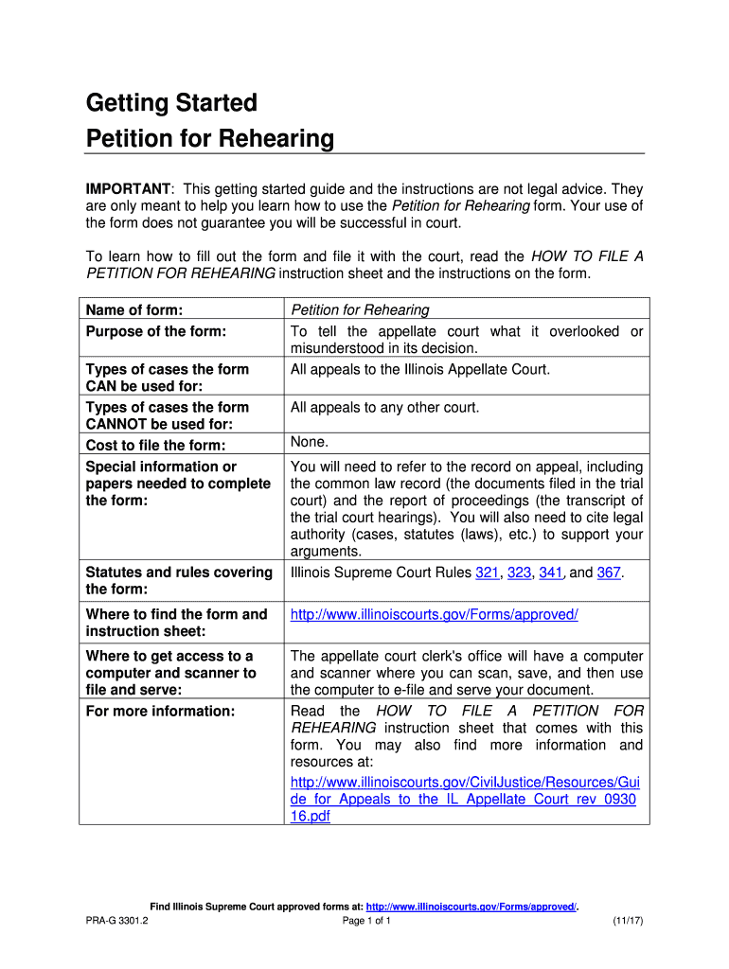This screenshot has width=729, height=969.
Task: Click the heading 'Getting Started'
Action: point(171,102)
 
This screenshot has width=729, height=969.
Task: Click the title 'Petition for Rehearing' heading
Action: point(210,140)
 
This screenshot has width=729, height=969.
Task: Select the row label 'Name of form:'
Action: point(133,309)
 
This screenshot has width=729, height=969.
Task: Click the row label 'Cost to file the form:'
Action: point(156,446)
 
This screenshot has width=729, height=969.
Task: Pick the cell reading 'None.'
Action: point(310,442)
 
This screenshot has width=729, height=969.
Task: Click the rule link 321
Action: point(487,573)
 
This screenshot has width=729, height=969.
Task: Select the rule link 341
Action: point(551,573)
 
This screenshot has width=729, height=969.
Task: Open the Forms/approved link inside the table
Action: point(434,615)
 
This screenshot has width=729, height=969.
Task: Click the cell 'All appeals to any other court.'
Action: point(384,408)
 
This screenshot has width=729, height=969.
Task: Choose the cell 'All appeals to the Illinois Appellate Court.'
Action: point(419,369)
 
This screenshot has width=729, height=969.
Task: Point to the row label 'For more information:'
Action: point(160,711)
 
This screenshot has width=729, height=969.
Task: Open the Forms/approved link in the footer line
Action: point(471,907)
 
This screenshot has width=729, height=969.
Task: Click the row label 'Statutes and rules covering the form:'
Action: point(176,581)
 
